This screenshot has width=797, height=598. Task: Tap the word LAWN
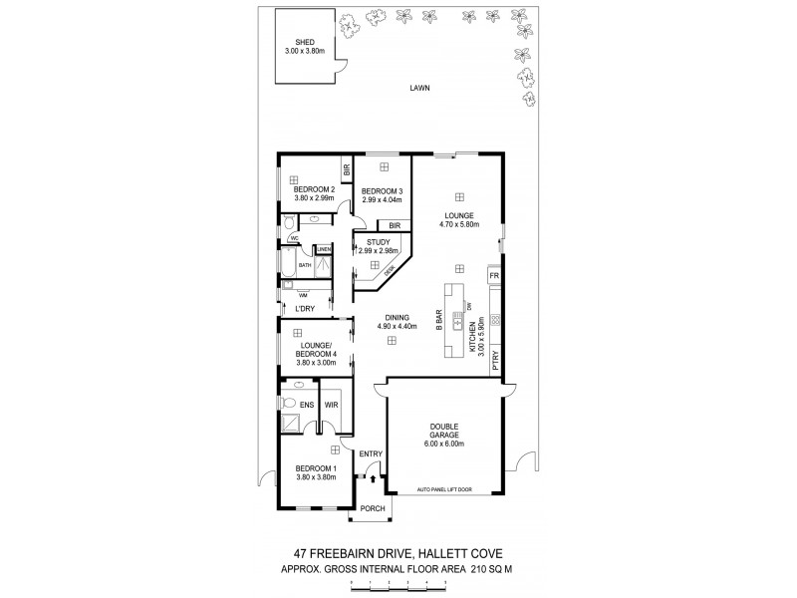(418, 88)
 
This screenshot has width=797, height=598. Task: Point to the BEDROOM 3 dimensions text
(382, 200)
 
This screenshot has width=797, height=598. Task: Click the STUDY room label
(379, 241)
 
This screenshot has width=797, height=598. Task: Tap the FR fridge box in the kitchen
(493, 273)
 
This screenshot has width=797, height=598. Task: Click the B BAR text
(438, 320)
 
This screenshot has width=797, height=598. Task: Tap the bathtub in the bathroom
(286, 264)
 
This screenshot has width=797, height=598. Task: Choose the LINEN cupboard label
(324, 249)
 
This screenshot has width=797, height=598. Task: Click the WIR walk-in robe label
(331, 406)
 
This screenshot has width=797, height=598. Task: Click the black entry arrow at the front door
(372, 480)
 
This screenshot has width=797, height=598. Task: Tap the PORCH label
(372, 509)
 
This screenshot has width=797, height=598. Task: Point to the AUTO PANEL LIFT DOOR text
(443, 488)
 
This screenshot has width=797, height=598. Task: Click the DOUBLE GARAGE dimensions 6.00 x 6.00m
(443, 444)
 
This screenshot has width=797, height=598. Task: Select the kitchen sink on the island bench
(457, 322)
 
